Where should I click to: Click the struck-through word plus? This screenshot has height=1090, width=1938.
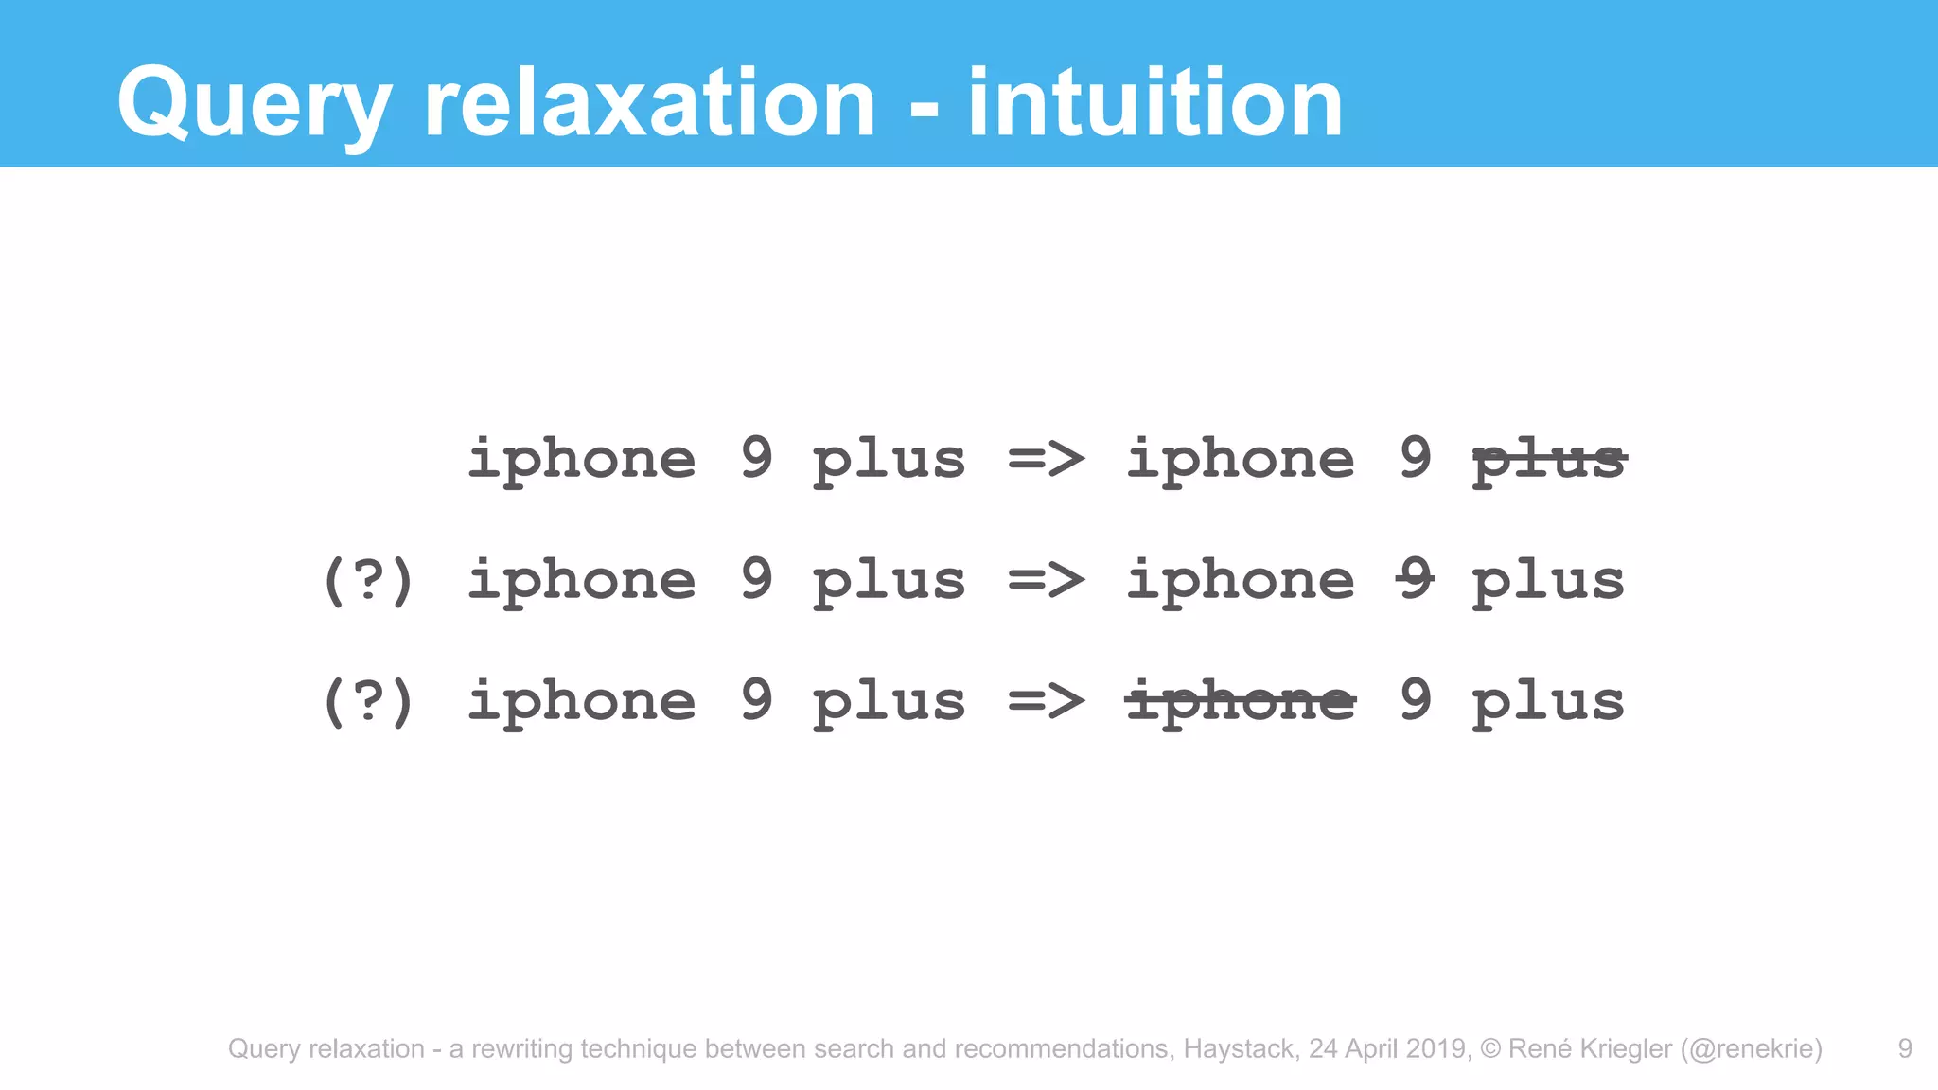click(1549, 461)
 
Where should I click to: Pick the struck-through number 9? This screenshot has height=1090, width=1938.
click(1416, 579)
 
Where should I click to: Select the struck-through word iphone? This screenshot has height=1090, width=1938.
click(1240, 701)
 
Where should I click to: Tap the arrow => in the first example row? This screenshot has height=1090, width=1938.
click(1046, 460)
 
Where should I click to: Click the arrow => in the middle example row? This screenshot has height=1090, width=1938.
click(1046, 580)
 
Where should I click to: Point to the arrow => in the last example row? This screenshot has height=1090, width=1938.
click(1046, 701)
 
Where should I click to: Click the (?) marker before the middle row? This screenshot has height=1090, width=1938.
click(368, 580)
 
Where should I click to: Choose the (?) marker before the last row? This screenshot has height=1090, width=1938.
click(368, 701)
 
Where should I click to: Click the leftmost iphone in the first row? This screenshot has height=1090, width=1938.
click(582, 461)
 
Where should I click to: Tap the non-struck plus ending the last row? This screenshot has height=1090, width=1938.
click(1548, 703)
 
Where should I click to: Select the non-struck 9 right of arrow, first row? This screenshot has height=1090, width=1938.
click(1416, 458)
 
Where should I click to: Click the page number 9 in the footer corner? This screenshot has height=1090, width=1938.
click(1905, 1048)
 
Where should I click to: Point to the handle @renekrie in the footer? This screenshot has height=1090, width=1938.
click(1751, 1048)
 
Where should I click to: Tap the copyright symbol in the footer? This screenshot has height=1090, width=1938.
click(1490, 1048)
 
